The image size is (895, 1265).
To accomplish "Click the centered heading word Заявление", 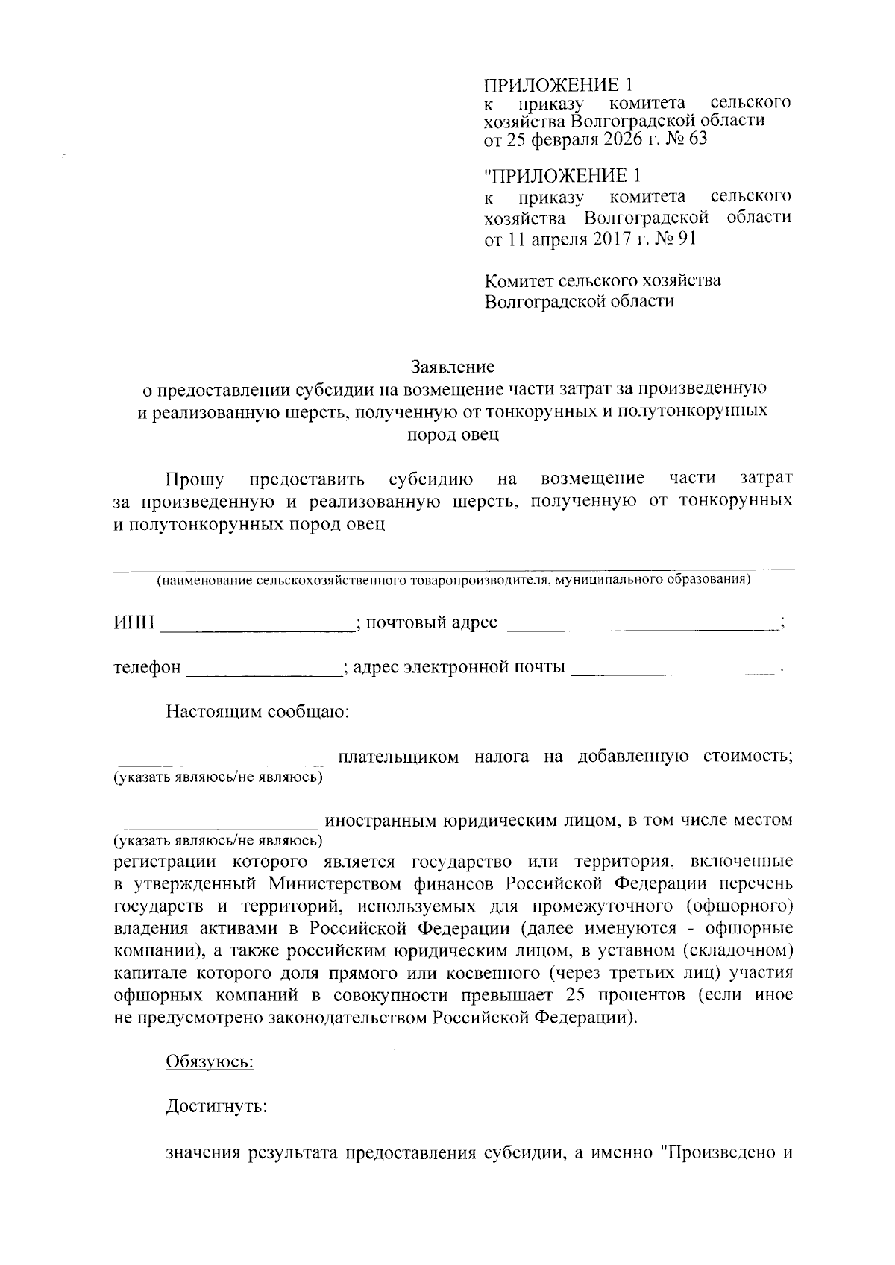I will [x=453, y=367].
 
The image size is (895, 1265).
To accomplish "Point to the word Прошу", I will [x=194, y=478].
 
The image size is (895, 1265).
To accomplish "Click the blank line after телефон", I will [x=263, y=668].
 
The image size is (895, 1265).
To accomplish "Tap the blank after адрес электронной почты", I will [x=671, y=668].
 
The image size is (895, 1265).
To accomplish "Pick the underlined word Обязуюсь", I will [x=210, y=1061].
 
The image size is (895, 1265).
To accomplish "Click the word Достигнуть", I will [x=216, y=1107].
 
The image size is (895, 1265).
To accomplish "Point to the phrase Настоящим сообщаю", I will [x=258, y=712].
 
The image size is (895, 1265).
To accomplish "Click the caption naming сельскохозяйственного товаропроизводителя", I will [x=453, y=580].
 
